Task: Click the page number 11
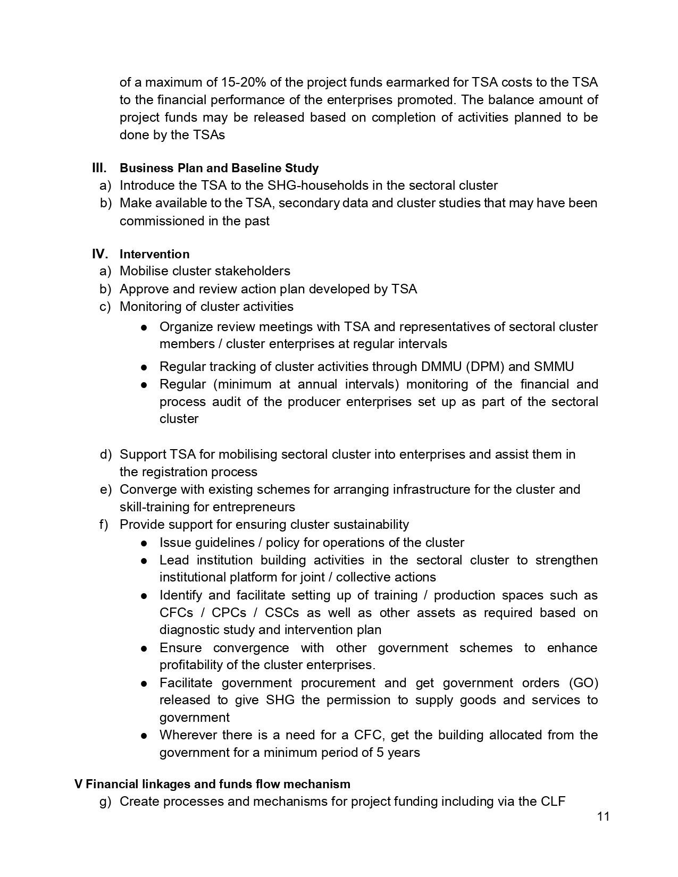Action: [x=603, y=816]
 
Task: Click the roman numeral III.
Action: [x=99, y=168]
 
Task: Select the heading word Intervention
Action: [x=154, y=254]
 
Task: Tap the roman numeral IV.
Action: [x=99, y=254]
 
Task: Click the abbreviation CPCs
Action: [x=229, y=612]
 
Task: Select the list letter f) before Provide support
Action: [x=104, y=525]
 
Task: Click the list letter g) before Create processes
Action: [x=105, y=802]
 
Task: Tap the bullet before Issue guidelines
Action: [x=144, y=543]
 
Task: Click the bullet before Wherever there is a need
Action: [x=144, y=736]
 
